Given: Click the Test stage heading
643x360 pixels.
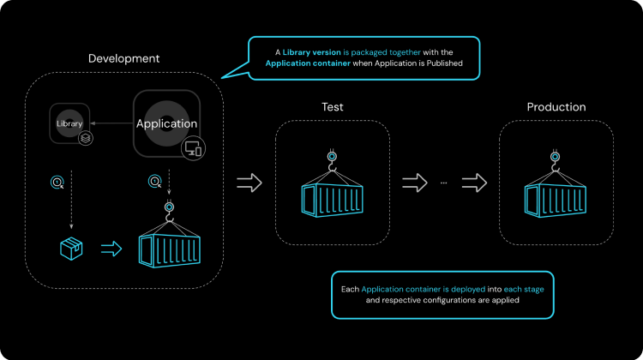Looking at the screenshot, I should (334, 107).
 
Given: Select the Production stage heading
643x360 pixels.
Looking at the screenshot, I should (556, 107).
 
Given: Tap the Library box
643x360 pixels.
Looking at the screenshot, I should (69, 123).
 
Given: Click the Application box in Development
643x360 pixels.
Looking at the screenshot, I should (166, 123).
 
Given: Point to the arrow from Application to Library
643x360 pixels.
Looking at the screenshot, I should (111, 123).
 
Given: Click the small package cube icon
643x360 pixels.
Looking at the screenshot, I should (71, 249).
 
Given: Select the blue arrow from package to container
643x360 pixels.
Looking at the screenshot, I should (111, 249).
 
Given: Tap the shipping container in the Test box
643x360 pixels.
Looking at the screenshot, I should (333, 195).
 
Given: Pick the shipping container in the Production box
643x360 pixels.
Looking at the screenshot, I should (556, 195).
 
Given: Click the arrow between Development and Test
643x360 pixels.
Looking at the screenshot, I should (249, 182).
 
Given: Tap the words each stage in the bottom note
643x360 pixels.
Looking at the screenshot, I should (523, 289).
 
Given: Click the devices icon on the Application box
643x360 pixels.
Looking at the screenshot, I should (193, 149).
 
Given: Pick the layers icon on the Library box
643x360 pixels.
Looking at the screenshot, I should (85, 137).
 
